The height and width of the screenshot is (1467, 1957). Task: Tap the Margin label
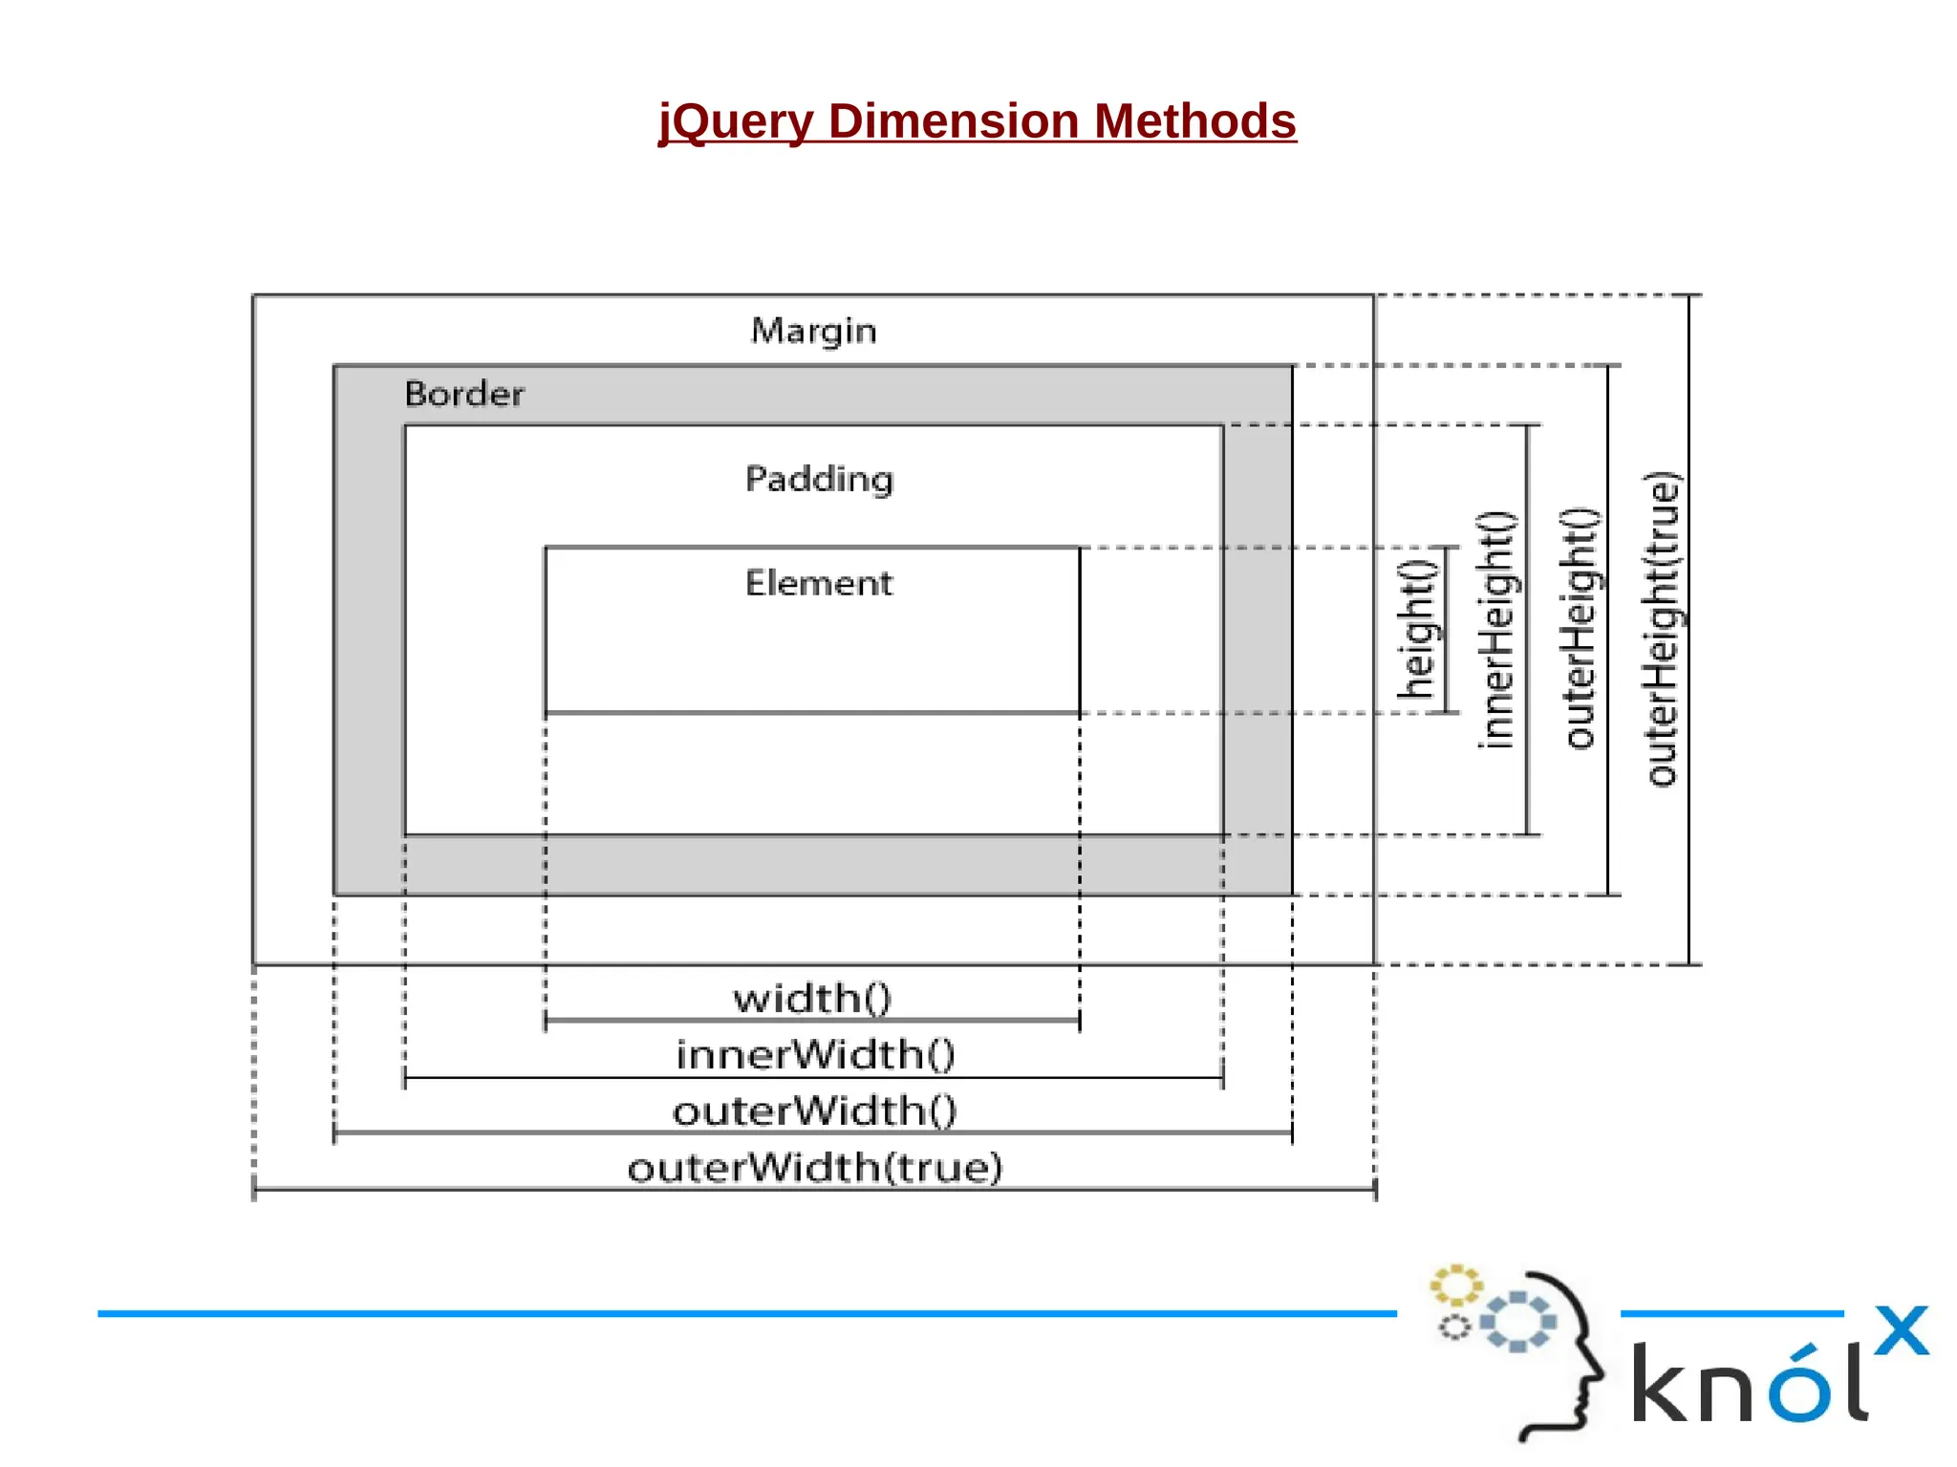point(813,331)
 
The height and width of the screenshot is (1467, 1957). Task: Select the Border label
point(464,394)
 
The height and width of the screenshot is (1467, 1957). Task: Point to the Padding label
point(819,479)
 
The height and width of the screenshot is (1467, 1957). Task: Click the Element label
point(819,583)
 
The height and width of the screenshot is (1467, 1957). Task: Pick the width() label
point(812,999)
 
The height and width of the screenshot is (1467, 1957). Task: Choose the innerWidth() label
point(815,1055)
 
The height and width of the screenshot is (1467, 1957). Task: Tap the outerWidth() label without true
point(814,1111)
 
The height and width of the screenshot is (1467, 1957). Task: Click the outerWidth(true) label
point(814,1168)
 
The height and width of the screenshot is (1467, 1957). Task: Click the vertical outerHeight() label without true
point(1579,629)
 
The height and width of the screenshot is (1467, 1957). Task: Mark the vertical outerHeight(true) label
point(1662,629)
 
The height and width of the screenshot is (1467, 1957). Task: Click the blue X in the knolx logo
point(1901,1330)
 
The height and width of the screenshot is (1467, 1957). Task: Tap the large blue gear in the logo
point(1517,1322)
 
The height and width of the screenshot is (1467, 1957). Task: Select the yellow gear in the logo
point(1455,1285)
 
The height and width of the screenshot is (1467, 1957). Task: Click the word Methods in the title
point(1194,121)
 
